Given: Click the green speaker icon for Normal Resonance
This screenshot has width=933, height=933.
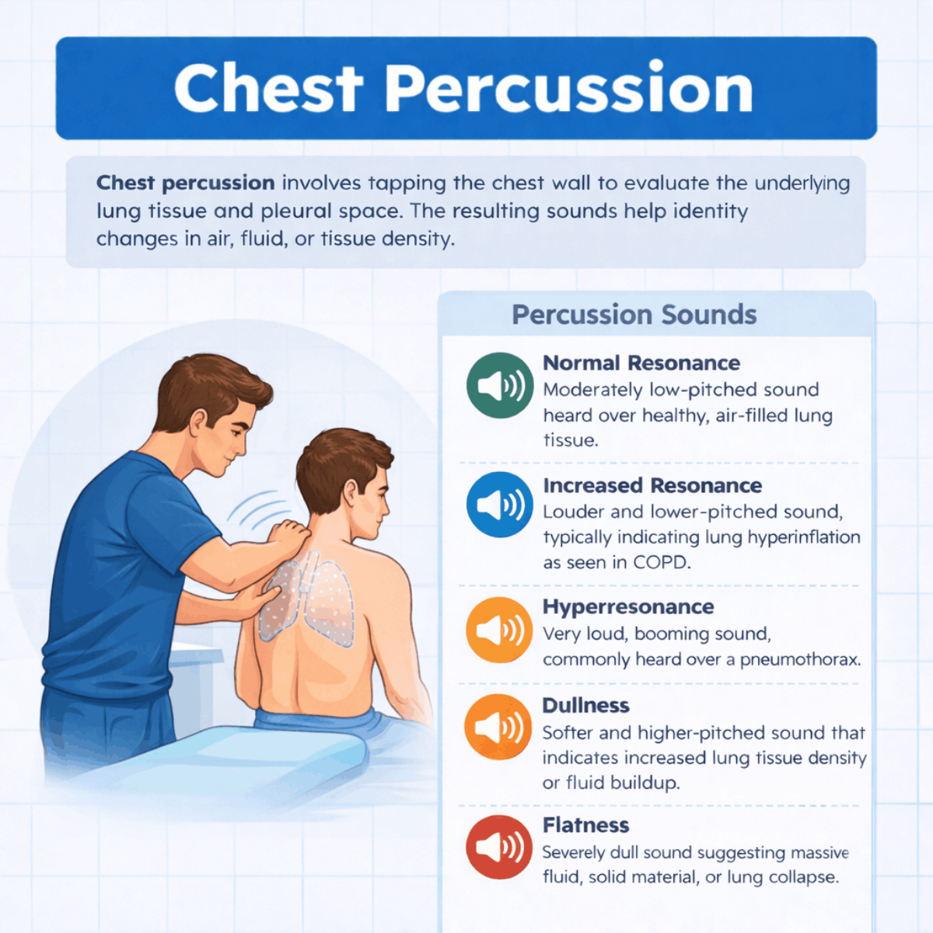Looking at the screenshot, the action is [x=500, y=386].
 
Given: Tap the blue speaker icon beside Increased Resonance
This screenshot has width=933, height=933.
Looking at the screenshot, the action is [x=500, y=505].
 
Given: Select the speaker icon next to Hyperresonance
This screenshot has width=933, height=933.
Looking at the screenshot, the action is [x=499, y=630].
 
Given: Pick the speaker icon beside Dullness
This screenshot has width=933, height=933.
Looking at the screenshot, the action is [x=498, y=727].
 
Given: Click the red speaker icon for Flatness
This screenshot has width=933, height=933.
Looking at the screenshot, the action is [x=499, y=847].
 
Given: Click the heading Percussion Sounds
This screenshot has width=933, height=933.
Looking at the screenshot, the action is [x=634, y=315].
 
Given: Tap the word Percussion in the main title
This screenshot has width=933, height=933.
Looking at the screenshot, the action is [x=569, y=89].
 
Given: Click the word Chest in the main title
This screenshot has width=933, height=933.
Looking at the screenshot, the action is [x=268, y=89].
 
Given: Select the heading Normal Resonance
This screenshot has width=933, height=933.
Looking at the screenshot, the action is [x=641, y=363].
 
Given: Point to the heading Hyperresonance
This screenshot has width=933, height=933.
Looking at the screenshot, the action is [x=628, y=606].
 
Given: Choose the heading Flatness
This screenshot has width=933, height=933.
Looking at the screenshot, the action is [x=585, y=825].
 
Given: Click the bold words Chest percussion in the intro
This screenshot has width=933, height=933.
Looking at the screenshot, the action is [x=186, y=183].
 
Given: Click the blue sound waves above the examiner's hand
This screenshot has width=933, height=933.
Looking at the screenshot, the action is [x=258, y=508].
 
